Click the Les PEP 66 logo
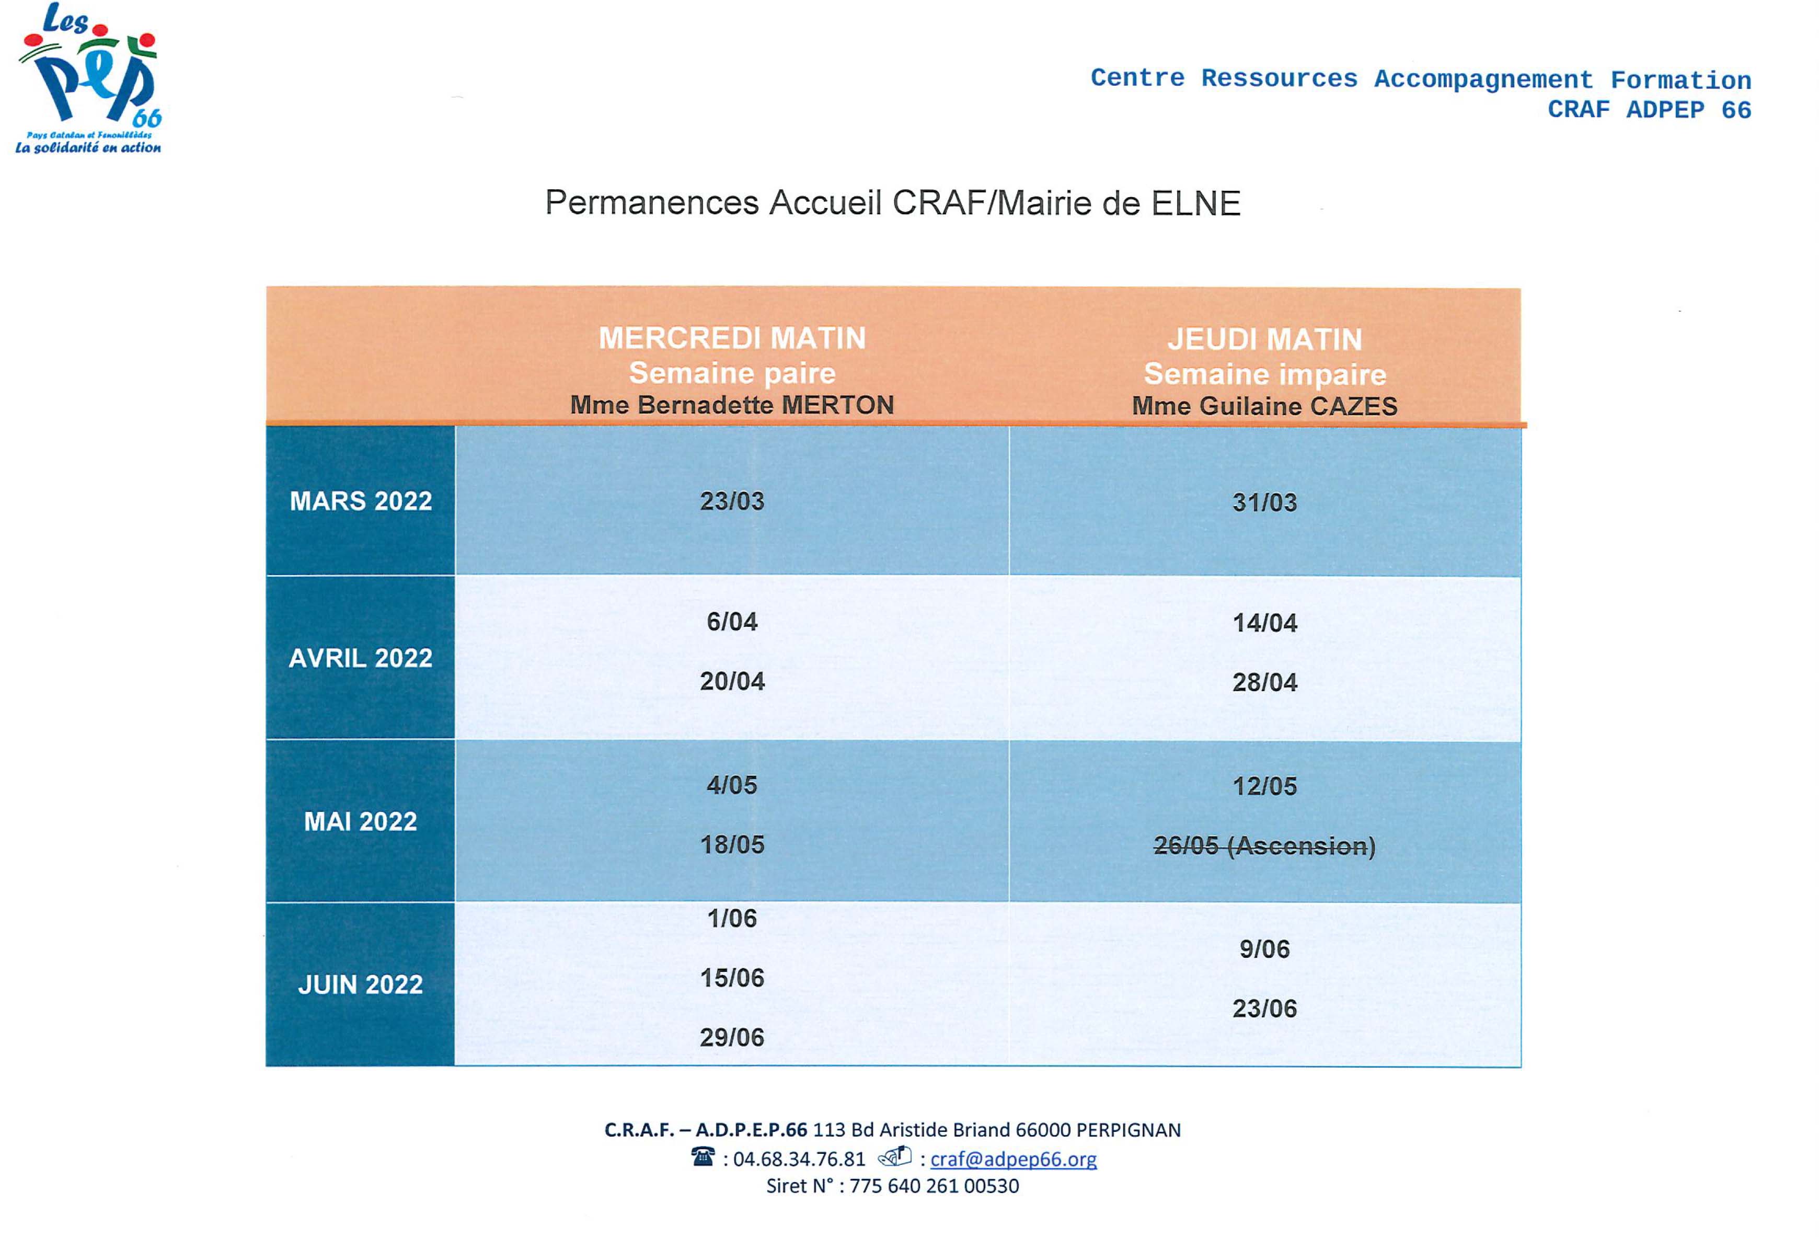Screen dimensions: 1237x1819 (x=88, y=78)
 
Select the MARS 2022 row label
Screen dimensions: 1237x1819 (x=360, y=501)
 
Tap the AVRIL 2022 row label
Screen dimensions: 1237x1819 (x=360, y=658)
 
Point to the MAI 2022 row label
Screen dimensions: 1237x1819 (x=360, y=821)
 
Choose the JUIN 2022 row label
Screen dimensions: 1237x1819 (x=360, y=984)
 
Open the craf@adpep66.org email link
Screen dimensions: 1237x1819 (x=1013, y=1159)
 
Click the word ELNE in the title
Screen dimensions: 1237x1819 (x=1195, y=203)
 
